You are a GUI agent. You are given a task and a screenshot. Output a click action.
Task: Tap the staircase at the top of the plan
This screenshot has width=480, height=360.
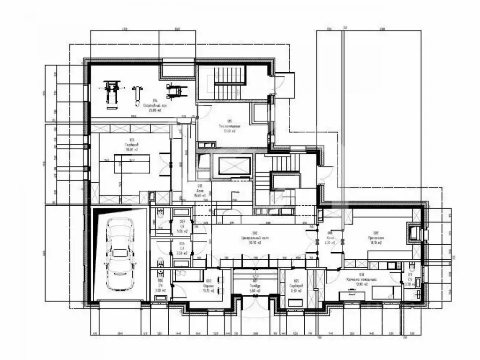(x=229, y=82)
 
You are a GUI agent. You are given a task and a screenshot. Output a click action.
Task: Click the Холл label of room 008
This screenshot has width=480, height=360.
(x=330, y=238)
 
